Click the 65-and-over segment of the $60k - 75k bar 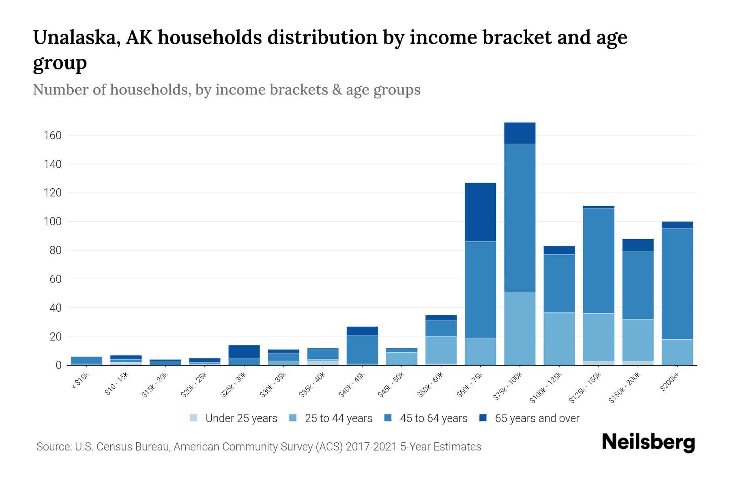point(480,212)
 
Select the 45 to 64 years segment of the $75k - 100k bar point(520,218)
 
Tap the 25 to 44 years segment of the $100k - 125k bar point(559,338)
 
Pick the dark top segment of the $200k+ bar point(677,225)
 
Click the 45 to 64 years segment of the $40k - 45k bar point(362,349)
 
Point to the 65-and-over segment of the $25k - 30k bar point(244,351)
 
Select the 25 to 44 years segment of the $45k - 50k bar point(401,358)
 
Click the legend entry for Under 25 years point(241,418)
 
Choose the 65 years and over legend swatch point(483,418)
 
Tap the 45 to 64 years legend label point(434,418)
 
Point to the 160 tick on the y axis point(53,136)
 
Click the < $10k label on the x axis point(81,381)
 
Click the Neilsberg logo point(648,442)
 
